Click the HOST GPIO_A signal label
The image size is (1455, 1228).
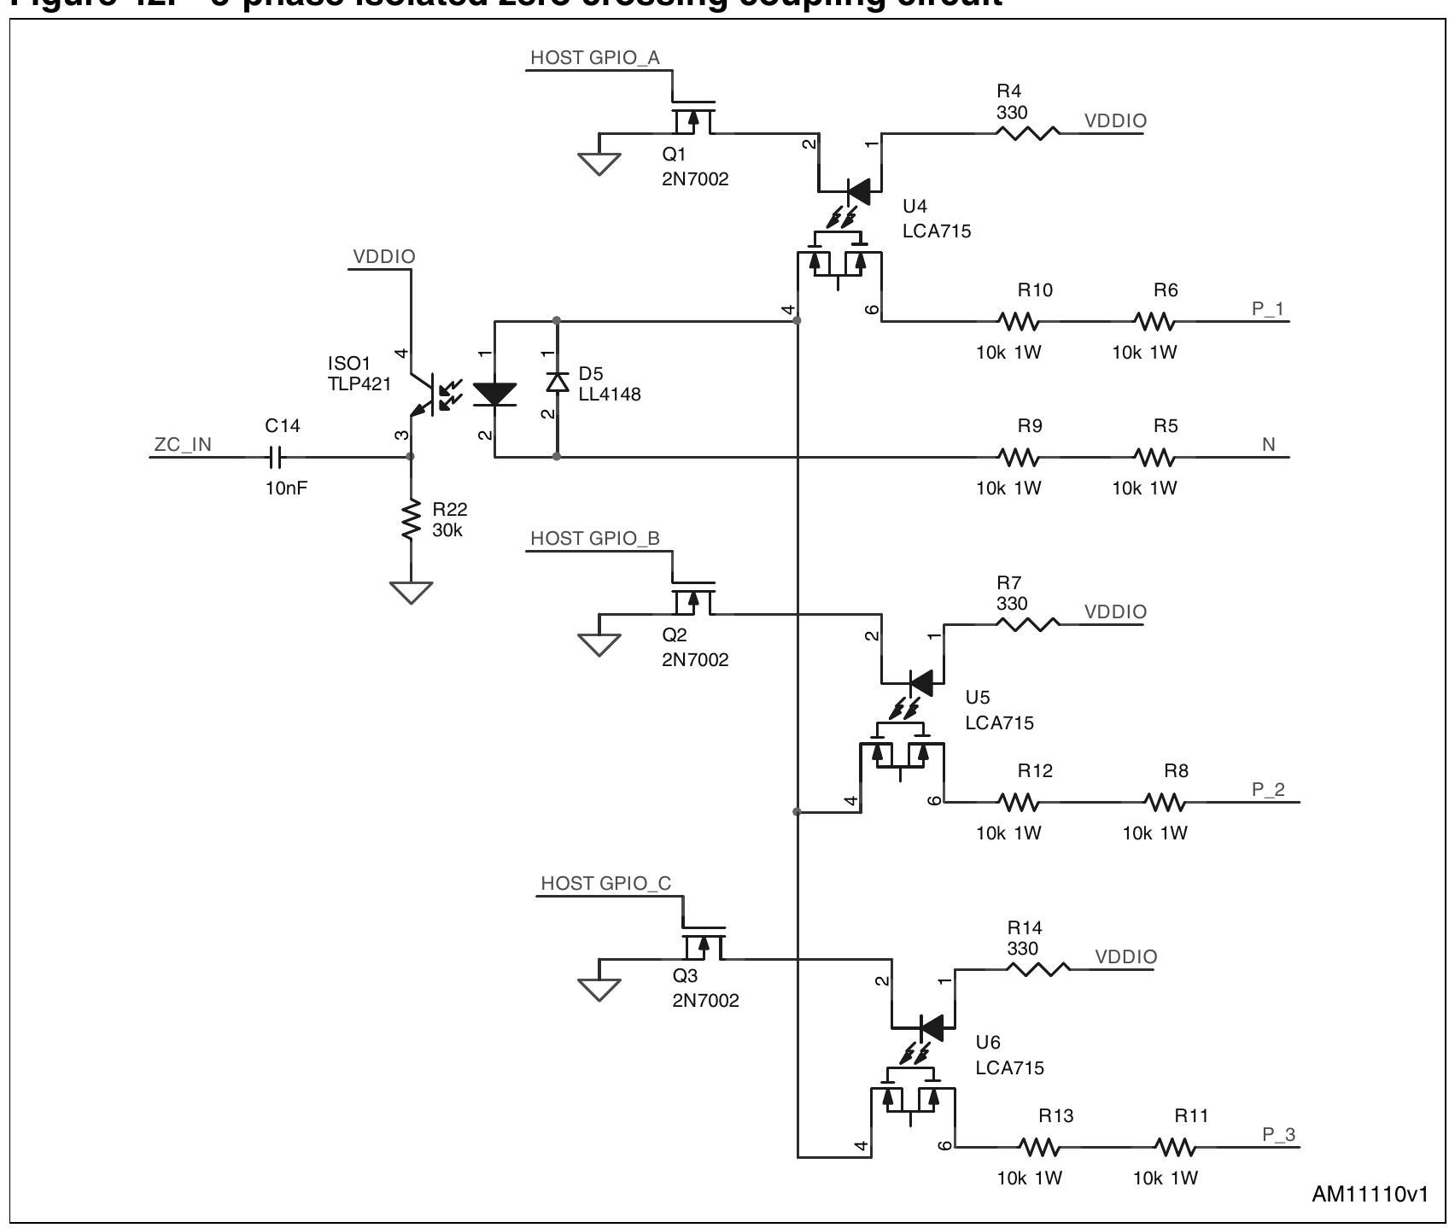[x=594, y=58]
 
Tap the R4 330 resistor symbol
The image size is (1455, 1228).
[x=1027, y=132]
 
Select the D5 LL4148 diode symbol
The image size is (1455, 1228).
[x=557, y=383]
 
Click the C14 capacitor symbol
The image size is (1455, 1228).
[x=275, y=457]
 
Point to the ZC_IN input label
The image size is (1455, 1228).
[x=183, y=445]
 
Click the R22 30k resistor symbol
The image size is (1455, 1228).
[x=412, y=519]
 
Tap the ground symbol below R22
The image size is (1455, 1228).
[x=412, y=591]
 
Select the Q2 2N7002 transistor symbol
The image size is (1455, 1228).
[x=692, y=602]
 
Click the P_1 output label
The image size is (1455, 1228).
[x=1268, y=309]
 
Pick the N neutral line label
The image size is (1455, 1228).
[x=1268, y=445]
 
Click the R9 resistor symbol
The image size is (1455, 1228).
[x=1018, y=458]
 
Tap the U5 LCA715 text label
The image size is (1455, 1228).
[x=999, y=710]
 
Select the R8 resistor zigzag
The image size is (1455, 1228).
[x=1165, y=802]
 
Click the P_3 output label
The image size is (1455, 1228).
[x=1278, y=1135]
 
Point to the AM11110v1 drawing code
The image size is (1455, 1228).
[x=1369, y=1195]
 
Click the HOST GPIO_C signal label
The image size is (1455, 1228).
[x=606, y=884]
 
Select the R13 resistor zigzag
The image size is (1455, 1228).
[x=1039, y=1147]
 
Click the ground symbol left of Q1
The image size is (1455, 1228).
[x=599, y=162]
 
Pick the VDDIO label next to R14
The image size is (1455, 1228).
[x=1125, y=957]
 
